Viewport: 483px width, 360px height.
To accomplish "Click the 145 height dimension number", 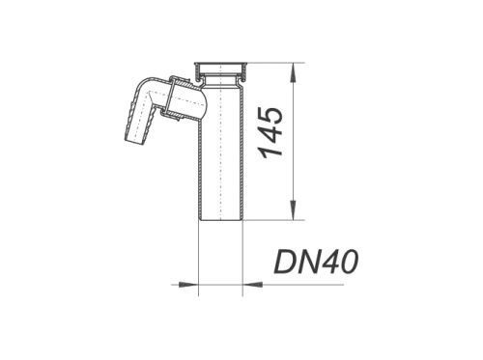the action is [271, 132].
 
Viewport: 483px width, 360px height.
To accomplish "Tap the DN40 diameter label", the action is [316, 262].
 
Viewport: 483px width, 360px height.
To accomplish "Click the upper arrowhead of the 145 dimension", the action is [293, 72].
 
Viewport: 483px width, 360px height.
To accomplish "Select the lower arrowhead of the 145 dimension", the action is [293, 209].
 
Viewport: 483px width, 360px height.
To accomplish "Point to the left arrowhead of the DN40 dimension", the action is [188, 285].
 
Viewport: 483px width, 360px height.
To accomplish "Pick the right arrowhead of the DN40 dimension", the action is [252, 285].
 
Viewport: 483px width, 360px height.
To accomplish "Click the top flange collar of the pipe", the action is [220, 69].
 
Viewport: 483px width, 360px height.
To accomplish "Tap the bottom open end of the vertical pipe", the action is [220, 219].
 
